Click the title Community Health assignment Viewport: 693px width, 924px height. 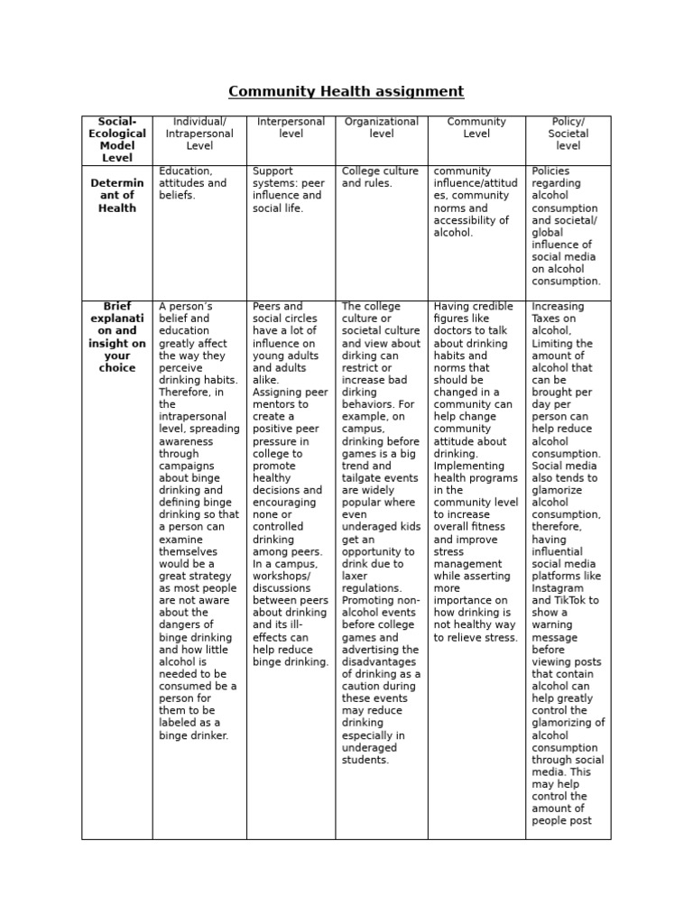click(346, 91)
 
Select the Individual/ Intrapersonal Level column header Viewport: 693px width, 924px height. click(199, 134)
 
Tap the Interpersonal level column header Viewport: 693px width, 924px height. click(291, 127)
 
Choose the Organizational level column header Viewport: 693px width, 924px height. click(382, 127)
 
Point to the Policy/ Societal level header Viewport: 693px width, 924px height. click(568, 134)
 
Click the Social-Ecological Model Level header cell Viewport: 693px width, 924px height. click(117, 140)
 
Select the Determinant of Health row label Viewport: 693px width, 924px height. click(117, 196)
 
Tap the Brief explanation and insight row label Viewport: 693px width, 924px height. click(117, 337)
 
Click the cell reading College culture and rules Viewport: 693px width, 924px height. click(380, 177)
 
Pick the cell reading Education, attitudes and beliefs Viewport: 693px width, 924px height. click(192, 183)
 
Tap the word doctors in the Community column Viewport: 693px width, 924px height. click(456, 331)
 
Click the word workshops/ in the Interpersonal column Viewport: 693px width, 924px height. click(282, 576)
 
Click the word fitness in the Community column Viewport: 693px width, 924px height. click(493, 527)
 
